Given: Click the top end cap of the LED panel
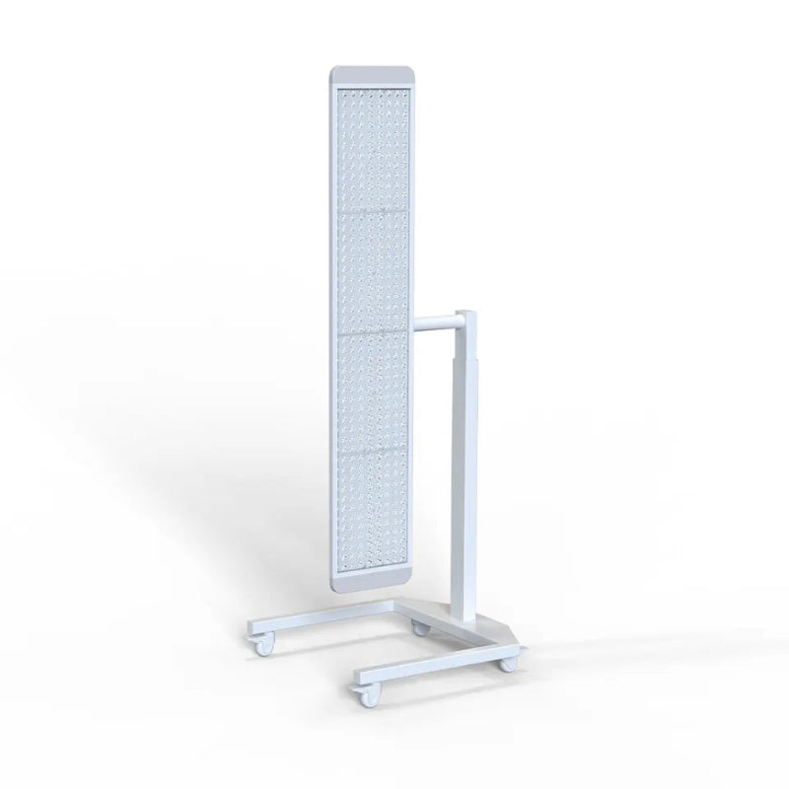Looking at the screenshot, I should click(369, 75).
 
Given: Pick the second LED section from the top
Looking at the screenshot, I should click(371, 268).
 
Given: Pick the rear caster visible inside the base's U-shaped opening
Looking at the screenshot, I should click(421, 628).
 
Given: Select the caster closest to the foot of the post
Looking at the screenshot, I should click(506, 665).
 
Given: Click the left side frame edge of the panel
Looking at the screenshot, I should click(334, 325).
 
